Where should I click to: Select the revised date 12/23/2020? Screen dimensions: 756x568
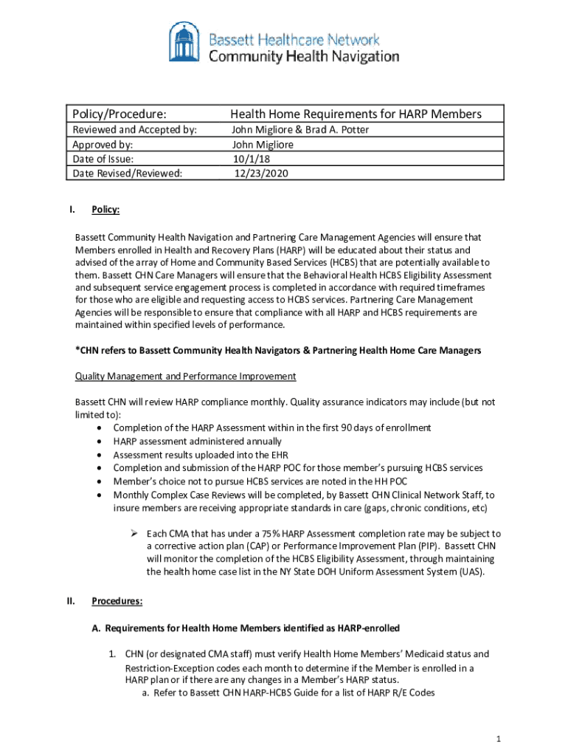click(261, 173)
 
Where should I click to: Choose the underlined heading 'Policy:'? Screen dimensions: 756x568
click(105, 210)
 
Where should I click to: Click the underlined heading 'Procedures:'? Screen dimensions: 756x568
click(117, 602)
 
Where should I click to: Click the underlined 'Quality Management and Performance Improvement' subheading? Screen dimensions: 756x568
click(185, 377)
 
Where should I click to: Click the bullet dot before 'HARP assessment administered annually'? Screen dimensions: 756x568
click(99, 441)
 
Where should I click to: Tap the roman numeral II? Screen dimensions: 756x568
click(70, 601)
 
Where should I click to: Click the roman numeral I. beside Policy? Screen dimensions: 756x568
click(72, 210)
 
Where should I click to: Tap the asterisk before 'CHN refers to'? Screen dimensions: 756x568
click(77, 351)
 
